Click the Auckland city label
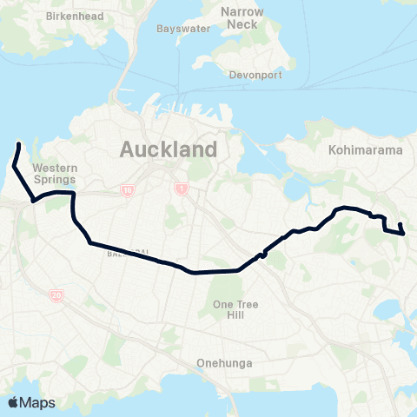(x=168, y=149)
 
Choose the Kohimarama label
(x=366, y=150)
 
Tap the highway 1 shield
(x=181, y=189)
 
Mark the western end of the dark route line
(x=19, y=143)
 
